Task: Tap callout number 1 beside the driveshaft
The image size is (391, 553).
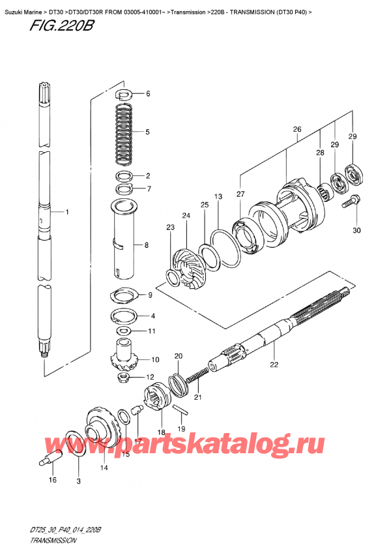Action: (x=66, y=212)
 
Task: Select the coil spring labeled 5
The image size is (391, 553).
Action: (x=126, y=132)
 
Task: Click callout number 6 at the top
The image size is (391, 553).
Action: (x=148, y=94)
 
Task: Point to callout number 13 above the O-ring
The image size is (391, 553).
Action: (x=218, y=196)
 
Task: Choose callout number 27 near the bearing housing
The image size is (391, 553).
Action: (x=240, y=194)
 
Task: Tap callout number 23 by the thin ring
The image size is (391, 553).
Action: (x=171, y=228)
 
